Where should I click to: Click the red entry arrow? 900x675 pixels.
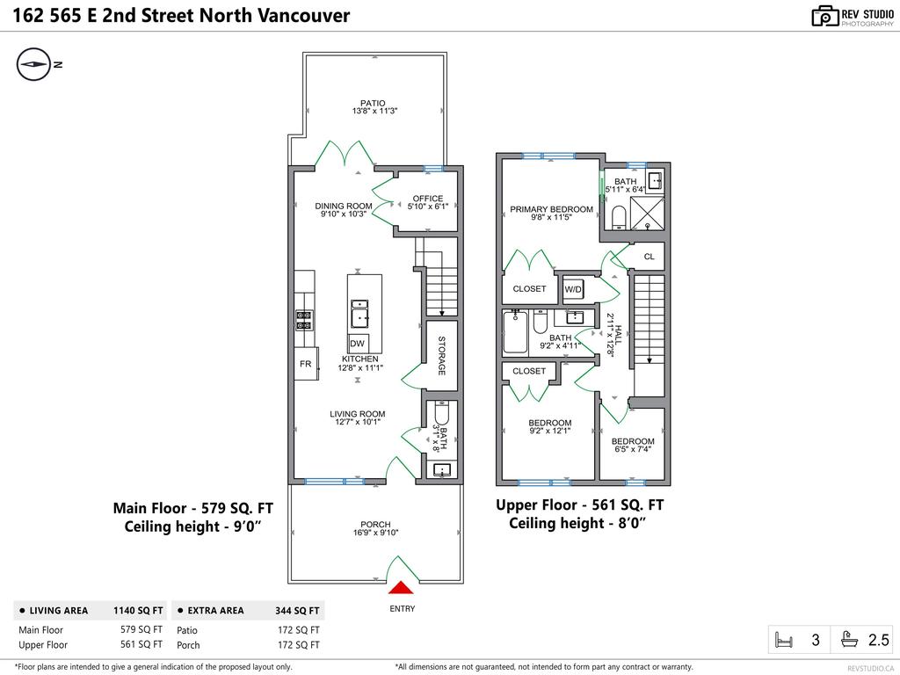401,590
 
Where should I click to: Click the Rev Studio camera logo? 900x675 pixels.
824,16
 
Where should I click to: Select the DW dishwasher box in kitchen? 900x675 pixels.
358,344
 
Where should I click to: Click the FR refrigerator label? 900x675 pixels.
305,364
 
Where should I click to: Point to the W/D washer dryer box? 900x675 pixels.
573,289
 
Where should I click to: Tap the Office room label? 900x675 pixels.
428,199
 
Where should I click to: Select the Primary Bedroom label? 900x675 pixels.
551,209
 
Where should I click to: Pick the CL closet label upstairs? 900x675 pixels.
650,258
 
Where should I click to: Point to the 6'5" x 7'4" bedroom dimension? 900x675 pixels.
633,450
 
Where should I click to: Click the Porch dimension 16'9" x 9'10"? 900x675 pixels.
375,533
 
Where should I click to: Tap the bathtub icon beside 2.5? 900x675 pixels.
851,640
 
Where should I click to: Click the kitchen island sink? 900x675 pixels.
360,313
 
